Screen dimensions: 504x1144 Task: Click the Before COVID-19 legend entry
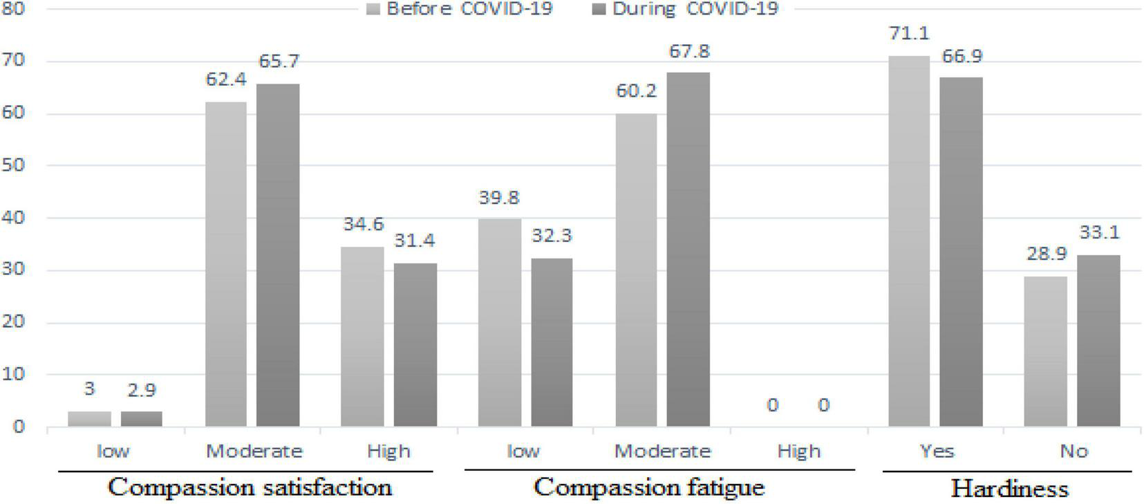point(460,9)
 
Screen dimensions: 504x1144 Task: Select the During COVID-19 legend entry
point(685,9)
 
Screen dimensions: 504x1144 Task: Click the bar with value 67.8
point(688,249)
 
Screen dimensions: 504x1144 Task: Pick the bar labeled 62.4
point(226,263)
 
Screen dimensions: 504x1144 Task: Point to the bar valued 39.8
point(500,322)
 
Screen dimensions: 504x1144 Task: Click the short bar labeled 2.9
point(141,418)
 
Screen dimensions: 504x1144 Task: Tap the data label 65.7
point(279,62)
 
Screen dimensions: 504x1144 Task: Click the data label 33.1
point(1099,232)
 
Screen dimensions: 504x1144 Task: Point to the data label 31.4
point(415,241)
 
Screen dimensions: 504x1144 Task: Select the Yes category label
point(937,451)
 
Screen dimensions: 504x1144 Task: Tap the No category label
point(1073,451)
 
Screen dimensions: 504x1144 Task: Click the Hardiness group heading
point(1009,489)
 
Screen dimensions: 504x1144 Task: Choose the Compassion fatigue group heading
point(649,487)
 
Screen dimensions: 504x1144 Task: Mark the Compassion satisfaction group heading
point(250,487)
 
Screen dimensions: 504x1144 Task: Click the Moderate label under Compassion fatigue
point(662,451)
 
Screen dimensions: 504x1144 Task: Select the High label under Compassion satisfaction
point(388,451)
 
